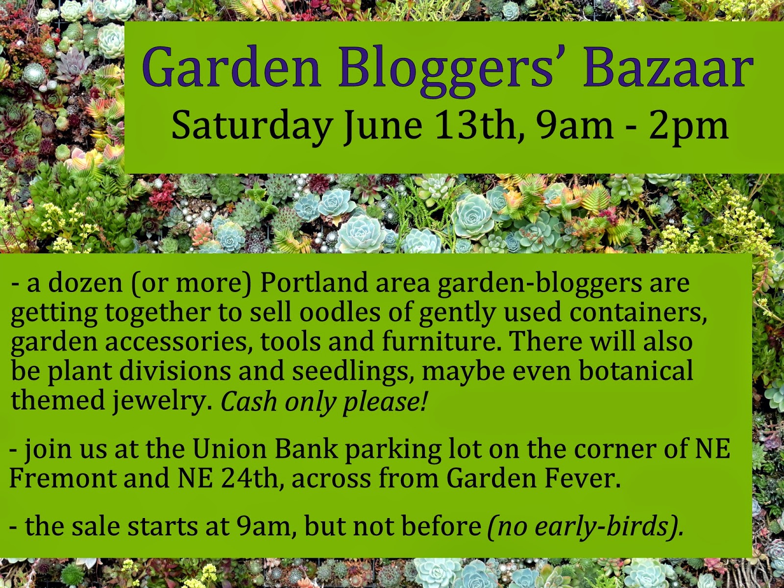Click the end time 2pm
pyautogui.click(x=688, y=126)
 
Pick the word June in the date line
pyautogui.click(x=383, y=125)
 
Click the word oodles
pyautogui.click(x=340, y=313)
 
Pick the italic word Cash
pyautogui.click(x=248, y=401)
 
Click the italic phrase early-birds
pyautogui.click(x=602, y=527)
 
